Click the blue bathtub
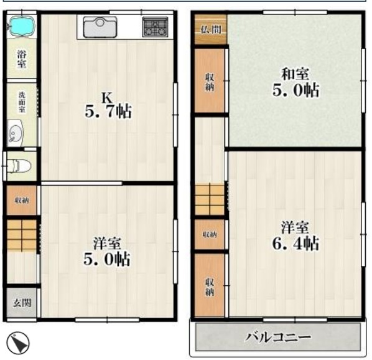click(22, 27)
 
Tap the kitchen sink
click(100, 27)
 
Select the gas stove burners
click(155, 27)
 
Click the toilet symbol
click(19, 165)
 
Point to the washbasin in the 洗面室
click(16, 133)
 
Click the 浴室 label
click(21, 59)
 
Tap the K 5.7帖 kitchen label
click(108, 105)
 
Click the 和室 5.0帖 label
click(295, 82)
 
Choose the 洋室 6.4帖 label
click(295, 235)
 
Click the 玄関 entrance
click(22, 303)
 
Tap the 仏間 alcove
click(210, 30)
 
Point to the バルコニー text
click(278, 337)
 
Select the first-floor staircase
click(22, 235)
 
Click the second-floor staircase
click(210, 199)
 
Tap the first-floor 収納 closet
click(22, 200)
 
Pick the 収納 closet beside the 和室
click(210, 81)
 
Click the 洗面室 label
click(22, 102)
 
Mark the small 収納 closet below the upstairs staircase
click(210, 234)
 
